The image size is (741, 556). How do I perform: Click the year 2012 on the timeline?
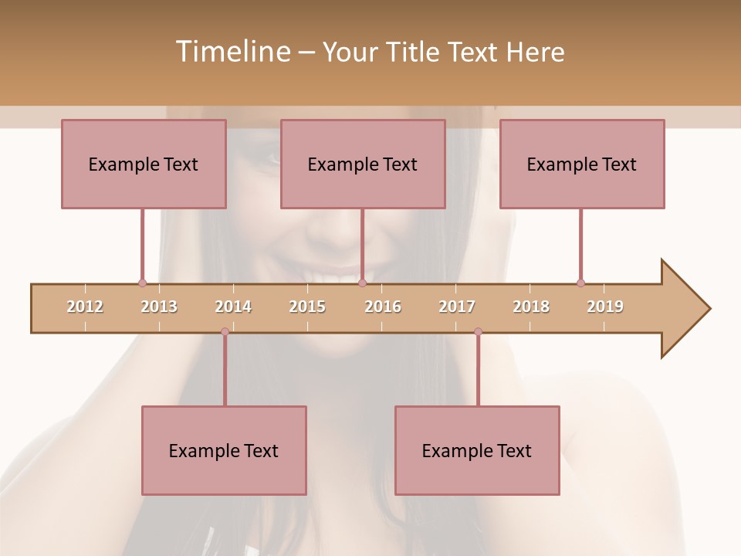85,307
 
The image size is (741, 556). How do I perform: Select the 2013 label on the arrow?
159,307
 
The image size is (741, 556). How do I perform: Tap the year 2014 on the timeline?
233,307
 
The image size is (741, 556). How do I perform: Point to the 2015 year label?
307,307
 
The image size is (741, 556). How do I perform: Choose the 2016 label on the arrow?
383,307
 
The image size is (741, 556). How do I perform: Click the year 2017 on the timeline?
457,307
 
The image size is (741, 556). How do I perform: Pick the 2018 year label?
531,307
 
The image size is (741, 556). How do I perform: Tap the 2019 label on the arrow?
605,307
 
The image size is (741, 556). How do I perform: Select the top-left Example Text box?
144,164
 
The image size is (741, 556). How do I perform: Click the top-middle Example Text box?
363,164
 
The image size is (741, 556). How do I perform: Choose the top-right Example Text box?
582,164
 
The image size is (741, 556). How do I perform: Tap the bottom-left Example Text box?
224,450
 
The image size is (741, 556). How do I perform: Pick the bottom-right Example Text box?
477,450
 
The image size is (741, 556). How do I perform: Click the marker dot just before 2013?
142,283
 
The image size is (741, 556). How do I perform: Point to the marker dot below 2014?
225,332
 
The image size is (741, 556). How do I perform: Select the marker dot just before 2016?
362,283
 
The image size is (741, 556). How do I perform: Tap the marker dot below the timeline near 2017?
478,332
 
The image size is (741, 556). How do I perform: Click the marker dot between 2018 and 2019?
580,283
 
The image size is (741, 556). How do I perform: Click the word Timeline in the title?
232,52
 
